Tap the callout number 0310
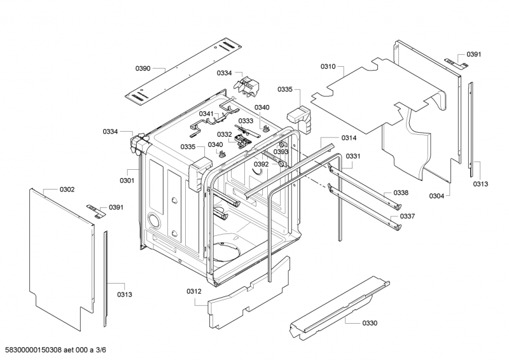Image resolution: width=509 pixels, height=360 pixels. point(328,66)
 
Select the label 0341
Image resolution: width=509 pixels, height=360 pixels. point(206,114)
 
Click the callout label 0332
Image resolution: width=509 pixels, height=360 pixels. point(224,134)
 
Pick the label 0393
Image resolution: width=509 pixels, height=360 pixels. point(281,152)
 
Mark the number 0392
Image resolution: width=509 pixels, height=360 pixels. point(261,164)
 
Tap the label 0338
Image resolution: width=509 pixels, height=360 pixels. point(400,193)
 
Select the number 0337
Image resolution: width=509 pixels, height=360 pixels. point(407,216)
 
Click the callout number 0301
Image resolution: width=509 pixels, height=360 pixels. point(127,181)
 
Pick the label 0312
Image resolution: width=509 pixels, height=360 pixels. point(194,292)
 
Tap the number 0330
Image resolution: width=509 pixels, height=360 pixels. point(370,323)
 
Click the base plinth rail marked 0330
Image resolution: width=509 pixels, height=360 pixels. point(337,305)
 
